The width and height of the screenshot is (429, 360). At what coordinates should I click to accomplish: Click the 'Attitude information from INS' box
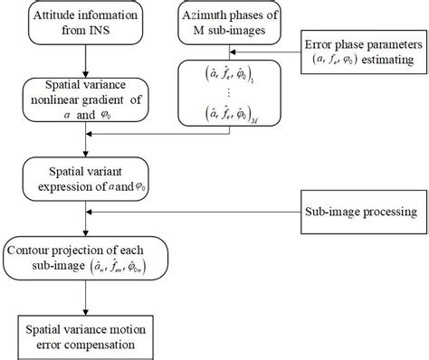tap(84, 24)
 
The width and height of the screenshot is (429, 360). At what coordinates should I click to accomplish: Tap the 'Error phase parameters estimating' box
tap(363, 52)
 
